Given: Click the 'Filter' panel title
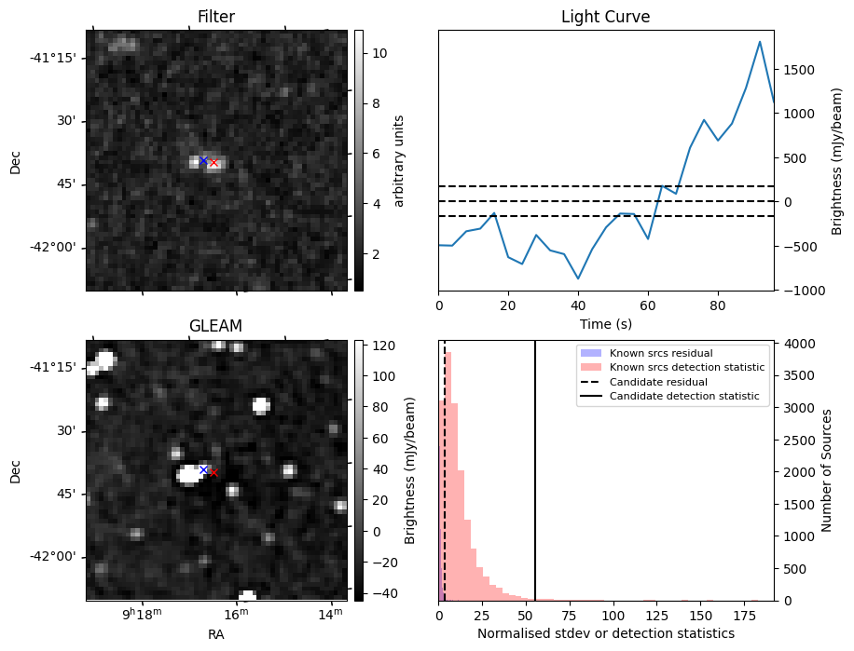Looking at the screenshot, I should [215, 17].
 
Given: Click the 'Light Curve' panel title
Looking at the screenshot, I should [605, 17].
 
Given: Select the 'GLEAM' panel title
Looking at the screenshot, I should [215, 326].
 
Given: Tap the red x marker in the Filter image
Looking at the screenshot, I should [213, 163].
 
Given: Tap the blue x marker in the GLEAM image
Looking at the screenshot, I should [203, 469].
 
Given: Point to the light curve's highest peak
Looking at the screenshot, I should [760, 42].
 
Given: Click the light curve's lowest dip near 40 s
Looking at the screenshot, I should [578, 278].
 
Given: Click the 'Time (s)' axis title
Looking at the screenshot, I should [605, 323].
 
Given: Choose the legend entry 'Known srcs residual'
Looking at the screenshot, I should [661, 353].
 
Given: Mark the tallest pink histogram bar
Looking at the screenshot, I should [448, 476].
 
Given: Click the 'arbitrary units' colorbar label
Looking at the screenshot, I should [399, 160].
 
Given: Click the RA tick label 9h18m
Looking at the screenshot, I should [144, 615].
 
